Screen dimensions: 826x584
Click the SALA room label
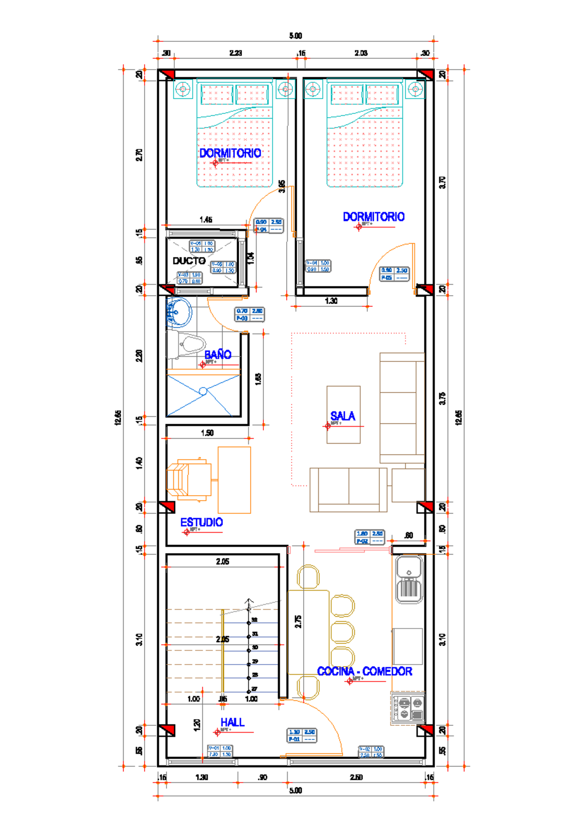343,416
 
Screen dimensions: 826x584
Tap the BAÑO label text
218,355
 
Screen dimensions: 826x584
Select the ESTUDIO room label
201,522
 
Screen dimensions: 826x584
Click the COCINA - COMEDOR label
365,671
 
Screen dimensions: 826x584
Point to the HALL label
232,722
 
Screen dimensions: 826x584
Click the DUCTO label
189,261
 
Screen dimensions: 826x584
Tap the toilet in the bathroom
191,346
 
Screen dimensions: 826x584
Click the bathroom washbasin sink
179,312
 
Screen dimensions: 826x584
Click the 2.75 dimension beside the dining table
298,621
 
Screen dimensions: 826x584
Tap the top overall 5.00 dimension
295,36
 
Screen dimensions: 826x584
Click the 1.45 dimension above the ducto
206,220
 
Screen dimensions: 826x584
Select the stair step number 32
255,620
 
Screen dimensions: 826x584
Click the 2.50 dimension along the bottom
356,777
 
